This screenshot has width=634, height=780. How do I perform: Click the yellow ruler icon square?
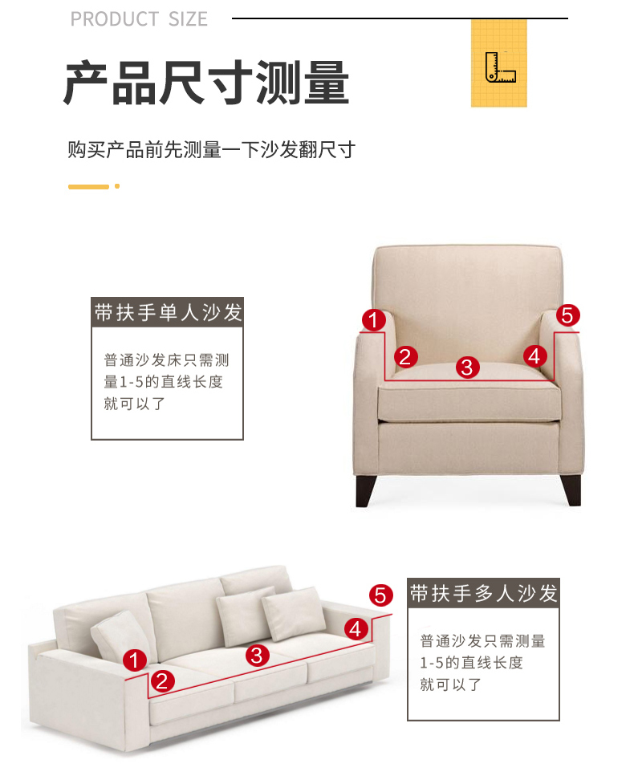pyautogui.click(x=498, y=63)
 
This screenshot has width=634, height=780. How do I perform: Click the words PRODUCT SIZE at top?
pyautogui.click(x=139, y=19)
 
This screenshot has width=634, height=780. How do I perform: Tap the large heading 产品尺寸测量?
pyautogui.click(x=206, y=83)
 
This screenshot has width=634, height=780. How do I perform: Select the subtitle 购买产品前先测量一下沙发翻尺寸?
pyautogui.click(x=212, y=150)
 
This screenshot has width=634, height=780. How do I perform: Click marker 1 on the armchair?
pyautogui.click(x=374, y=320)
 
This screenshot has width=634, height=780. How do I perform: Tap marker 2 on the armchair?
pyautogui.click(x=405, y=356)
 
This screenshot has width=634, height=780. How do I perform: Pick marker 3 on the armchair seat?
pyautogui.click(x=467, y=368)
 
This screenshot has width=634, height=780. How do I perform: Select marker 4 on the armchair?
pyautogui.click(x=534, y=356)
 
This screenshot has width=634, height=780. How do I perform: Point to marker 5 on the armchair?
pyautogui.click(x=568, y=315)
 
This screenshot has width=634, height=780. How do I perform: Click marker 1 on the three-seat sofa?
pyautogui.click(x=134, y=660)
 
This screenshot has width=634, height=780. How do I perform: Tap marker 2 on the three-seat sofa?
pyautogui.click(x=162, y=681)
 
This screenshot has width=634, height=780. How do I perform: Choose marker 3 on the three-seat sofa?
pyautogui.click(x=258, y=656)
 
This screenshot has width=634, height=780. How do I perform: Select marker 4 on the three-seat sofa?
pyautogui.click(x=356, y=629)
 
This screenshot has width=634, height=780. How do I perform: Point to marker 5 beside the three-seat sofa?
pyautogui.click(x=380, y=595)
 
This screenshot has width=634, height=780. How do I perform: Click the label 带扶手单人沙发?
pyautogui.click(x=168, y=312)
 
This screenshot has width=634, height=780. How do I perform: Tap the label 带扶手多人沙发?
pyautogui.click(x=483, y=593)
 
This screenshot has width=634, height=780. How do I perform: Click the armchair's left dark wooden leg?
pyautogui.click(x=365, y=491)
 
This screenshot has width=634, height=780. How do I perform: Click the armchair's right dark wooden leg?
pyautogui.click(x=571, y=490)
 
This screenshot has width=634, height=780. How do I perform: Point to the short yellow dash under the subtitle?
pyautogui.click(x=88, y=187)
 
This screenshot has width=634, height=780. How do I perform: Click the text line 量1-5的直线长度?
pyautogui.click(x=163, y=382)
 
